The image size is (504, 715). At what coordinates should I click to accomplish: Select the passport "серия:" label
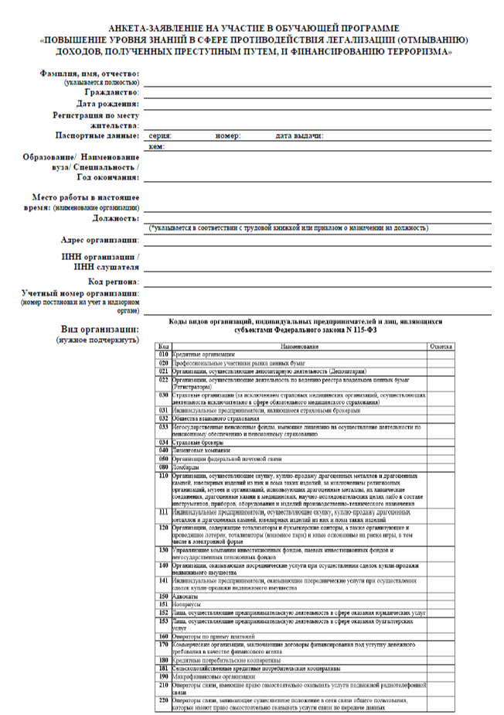coord(160,135)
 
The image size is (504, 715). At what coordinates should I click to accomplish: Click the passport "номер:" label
coord(228,135)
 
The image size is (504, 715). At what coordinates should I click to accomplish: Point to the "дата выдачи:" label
coord(299,135)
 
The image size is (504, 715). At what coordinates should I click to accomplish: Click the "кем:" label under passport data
coord(156,146)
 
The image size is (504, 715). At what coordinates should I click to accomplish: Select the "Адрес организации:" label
coord(100,240)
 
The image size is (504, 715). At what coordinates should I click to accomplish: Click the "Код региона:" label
coord(114,282)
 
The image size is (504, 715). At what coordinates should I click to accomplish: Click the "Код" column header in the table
coord(163,346)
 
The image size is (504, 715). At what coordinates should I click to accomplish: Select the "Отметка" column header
coord(441,346)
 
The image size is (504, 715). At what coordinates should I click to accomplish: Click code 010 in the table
coord(163,354)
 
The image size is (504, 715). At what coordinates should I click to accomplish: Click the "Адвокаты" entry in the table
coord(184,596)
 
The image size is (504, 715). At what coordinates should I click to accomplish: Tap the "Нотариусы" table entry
coord(186,604)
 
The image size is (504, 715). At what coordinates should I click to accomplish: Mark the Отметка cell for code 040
coord(441,450)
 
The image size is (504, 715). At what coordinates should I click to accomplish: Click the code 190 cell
coord(163,676)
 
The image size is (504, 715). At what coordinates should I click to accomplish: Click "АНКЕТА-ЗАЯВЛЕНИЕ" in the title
coord(155,27)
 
